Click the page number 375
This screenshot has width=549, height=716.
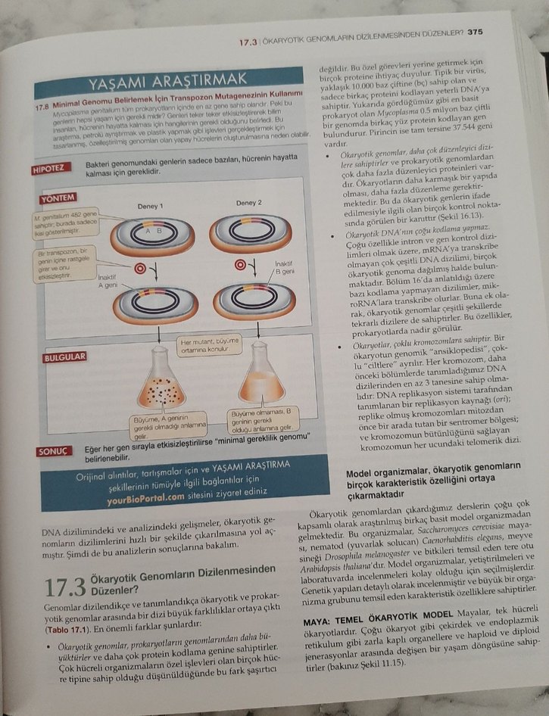tap(475, 32)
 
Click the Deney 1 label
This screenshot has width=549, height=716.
tap(150, 205)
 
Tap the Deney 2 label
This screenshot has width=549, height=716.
tap(248, 202)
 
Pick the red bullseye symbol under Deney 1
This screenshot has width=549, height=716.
tap(140, 268)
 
